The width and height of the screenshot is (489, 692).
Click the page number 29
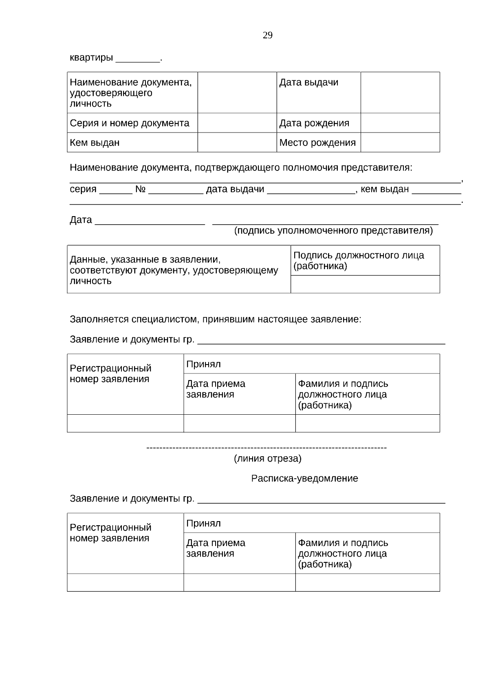267,35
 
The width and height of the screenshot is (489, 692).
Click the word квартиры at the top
91,58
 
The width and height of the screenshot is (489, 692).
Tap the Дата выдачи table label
308,82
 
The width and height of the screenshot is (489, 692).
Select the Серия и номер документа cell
130,123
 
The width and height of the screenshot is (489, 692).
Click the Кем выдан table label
95,143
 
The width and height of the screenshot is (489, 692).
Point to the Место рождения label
317,143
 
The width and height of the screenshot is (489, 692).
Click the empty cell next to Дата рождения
400,123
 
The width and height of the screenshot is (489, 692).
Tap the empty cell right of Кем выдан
237,142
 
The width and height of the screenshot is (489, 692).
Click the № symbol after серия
141,189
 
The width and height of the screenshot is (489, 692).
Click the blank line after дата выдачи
311,190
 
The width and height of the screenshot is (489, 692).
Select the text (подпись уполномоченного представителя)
333,231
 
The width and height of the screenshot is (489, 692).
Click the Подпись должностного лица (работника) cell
359,261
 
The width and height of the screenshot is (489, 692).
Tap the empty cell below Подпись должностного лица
365,284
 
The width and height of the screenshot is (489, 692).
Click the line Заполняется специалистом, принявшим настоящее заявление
215,319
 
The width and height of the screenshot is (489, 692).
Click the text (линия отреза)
267,459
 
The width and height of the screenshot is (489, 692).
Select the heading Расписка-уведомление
304,478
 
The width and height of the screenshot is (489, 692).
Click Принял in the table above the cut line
203,364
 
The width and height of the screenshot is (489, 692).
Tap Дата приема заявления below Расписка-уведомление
216,548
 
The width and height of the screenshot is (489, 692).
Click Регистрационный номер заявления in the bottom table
110,533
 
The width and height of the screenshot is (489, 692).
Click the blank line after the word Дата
150,221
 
